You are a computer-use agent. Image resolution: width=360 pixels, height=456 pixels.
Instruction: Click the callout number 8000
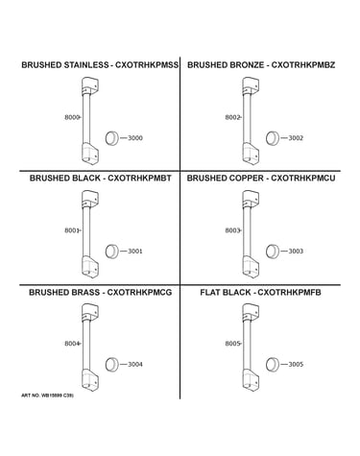coord(72,117)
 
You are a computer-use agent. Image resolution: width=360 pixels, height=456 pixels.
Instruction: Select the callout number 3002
coord(296,138)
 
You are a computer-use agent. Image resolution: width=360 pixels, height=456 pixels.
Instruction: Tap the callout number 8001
coord(72,230)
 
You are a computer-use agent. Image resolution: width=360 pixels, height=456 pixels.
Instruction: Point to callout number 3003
coord(296,252)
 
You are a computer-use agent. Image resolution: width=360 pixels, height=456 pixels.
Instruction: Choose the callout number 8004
coord(72,344)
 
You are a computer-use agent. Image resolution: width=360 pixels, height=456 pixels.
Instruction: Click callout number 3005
coord(296,364)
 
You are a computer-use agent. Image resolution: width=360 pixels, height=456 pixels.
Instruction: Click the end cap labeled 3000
coord(112,138)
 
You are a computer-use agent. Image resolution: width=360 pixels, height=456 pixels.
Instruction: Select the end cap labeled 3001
coord(112,252)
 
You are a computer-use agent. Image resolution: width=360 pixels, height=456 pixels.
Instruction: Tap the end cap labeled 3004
coord(112,365)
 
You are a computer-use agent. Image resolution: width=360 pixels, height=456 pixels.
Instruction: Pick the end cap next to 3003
coord(273,252)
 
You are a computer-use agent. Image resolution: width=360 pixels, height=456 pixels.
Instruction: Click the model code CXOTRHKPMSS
coord(147,65)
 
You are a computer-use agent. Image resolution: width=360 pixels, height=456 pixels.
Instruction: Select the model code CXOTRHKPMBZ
coord(303,65)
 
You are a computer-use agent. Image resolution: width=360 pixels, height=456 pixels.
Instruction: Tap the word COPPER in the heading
coord(245,179)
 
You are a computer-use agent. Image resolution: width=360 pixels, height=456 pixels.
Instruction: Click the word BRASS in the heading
coord(84,293)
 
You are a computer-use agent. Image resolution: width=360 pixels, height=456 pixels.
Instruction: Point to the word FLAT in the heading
coord(210,293)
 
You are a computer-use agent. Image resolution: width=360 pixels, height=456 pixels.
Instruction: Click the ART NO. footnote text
coord(47,396)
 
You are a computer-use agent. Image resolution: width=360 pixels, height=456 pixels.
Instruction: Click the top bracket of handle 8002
coord(251,85)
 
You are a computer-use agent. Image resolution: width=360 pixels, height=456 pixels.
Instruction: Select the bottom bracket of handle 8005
coord(251,380)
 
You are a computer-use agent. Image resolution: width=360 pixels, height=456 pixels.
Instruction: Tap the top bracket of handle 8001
coord(90,200)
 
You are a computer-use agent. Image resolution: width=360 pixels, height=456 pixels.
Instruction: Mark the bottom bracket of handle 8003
coord(251,267)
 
